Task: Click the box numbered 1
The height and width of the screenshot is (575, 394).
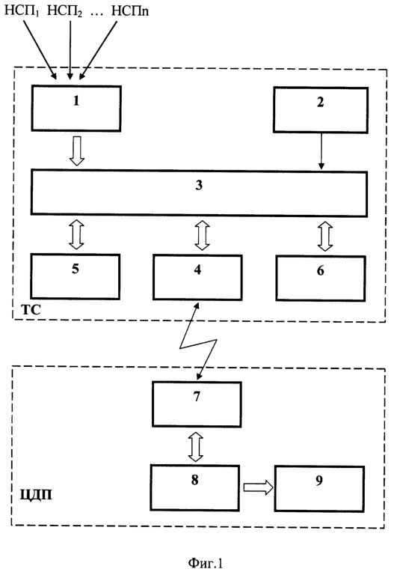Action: (x=76, y=108)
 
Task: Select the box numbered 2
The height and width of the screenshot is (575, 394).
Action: (x=321, y=109)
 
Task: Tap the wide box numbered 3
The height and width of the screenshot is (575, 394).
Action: (x=199, y=193)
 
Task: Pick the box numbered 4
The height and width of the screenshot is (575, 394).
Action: (x=197, y=278)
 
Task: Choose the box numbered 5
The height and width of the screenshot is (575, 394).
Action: (x=75, y=276)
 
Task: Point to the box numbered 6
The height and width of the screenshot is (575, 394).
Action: (x=321, y=279)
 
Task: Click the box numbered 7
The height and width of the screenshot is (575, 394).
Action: (x=197, y=404)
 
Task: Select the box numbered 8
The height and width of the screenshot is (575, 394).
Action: (x=195, y=487)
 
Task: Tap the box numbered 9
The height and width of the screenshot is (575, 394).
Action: (x=319, y=488)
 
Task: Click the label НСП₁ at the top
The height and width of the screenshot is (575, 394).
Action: (x=22, y=11)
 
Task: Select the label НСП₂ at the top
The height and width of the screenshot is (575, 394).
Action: (x=64, y=11)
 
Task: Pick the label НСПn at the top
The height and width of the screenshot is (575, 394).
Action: (x=130, y=10)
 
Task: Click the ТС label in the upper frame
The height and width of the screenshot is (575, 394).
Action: (x=31, y=310)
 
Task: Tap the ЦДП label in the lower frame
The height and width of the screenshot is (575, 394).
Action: (x=36, y=495)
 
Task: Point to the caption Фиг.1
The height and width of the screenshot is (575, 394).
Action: (x=206, y=563)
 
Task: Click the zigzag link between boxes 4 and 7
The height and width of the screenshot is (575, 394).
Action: (x=198, y=341)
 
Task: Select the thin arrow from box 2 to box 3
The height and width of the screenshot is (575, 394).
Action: (x=321, y=151)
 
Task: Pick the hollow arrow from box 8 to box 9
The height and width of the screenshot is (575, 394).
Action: (x=258, y=487)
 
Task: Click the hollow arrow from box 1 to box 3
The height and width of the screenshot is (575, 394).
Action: (x=77, y=150)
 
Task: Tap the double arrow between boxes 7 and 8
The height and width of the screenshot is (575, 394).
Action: (x=196, y=447)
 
